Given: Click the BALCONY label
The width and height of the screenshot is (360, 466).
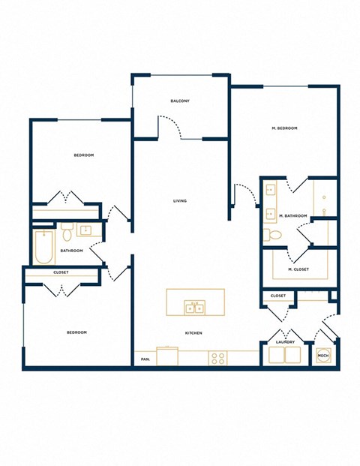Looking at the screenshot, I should tap(180, 101).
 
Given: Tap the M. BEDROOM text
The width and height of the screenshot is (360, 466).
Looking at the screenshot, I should tap(284, 128).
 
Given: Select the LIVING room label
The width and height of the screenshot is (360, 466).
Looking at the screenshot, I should tap(180, 200).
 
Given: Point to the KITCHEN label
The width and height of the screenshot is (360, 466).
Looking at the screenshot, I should tap(193, 333).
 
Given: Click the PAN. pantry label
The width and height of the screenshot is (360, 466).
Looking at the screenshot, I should tap(145, 359).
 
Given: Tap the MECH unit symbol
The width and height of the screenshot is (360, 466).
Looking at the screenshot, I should tap(323, 356).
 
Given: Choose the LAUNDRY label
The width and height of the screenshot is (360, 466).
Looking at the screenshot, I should tap(284, 342).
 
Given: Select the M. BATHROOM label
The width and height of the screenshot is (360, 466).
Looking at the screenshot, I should tap(292, 216).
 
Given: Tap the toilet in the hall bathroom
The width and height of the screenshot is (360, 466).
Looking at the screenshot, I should tap(66, 228).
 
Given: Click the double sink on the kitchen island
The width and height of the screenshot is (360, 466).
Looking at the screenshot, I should tap(195, 307).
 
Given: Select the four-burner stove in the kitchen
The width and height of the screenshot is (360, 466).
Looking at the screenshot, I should tap(218, 359).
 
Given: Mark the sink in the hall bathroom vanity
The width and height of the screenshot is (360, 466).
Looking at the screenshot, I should tap(85, 230).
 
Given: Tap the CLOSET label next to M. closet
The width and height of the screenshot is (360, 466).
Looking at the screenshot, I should tap(277, 296).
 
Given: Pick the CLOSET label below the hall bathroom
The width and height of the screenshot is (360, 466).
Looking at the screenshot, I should tap(61, 272).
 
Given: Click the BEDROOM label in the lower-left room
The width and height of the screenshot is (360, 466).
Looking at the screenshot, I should tap(76, 332).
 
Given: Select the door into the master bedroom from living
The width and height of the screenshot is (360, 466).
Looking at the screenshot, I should tap(240, 194).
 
